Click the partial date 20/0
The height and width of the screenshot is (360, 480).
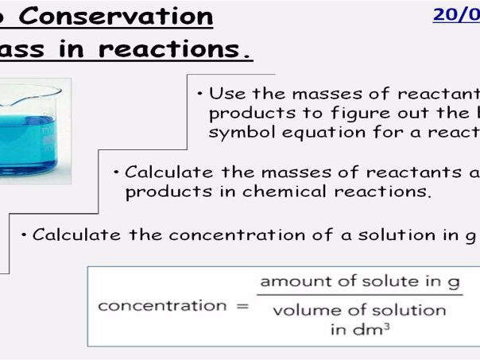(455, 15)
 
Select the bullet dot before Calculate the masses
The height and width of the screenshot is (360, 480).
(117, 172)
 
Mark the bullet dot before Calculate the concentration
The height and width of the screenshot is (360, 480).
(25, 234)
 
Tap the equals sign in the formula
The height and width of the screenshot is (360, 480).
(242, 305)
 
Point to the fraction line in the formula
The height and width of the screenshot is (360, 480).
(360, 297)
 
